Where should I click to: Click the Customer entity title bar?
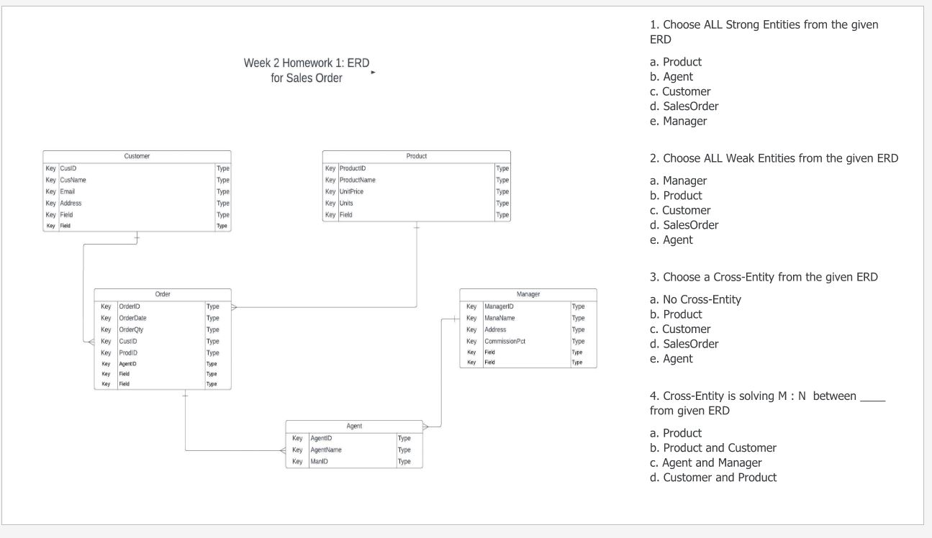click(137, 156)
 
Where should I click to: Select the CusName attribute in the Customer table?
click(73, 180)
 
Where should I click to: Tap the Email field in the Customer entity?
click(67, 191)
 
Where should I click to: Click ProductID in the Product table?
click(353, 168)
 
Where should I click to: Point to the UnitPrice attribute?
click(351, 191)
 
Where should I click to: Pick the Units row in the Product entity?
click(346, 203)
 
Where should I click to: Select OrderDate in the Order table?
click(133, 317)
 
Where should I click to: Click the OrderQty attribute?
click(132, 329)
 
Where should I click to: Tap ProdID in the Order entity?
click(128, 352)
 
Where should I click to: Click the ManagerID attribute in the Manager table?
click(499, 306)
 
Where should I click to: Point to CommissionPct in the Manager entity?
click(505, 341)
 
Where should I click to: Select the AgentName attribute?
click(326, 450)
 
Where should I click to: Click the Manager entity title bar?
click(528, 294)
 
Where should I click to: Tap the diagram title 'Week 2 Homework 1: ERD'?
click(307, 63)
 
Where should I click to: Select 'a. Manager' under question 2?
click(678, 181)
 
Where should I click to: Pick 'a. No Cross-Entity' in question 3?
click(695, 299)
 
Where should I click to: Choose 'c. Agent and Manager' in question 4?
click(705, 462)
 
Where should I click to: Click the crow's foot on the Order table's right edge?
click(235, 306)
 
